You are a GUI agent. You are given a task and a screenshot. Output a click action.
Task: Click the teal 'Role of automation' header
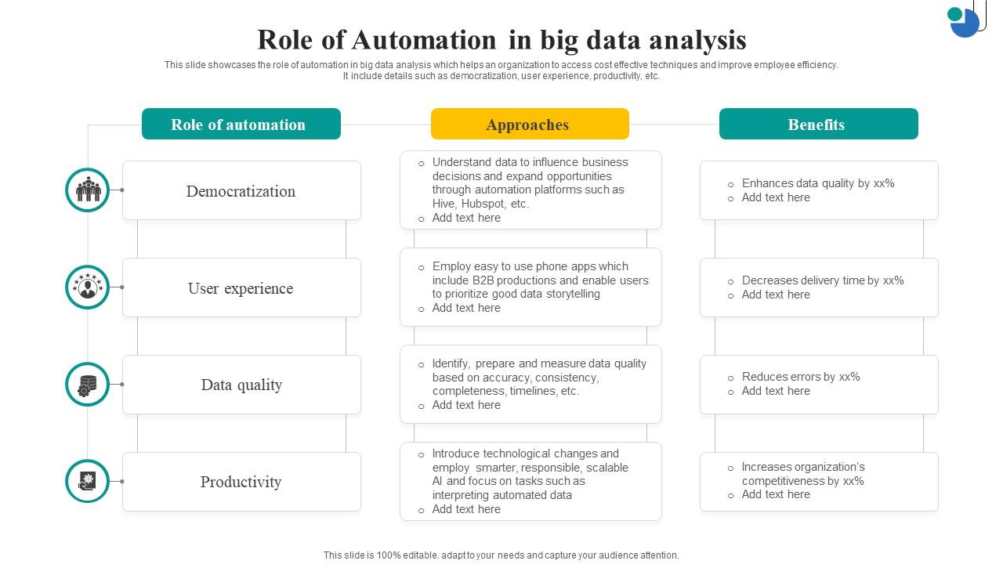click(241, 125)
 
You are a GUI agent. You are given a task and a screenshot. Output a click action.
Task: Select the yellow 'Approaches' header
click(530, 125)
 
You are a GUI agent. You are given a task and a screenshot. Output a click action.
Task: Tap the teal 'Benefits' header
click(818, 125)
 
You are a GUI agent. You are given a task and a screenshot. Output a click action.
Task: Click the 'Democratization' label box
click(241, 191)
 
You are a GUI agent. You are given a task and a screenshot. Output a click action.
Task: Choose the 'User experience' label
click(241, 288)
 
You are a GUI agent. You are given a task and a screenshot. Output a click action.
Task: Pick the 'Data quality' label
click(241, 385)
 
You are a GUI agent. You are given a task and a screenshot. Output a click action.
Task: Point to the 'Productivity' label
click(241, 482)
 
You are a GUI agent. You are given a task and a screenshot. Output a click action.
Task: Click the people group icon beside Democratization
click(88, 190)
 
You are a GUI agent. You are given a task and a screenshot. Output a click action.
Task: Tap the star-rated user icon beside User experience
click(88, 287)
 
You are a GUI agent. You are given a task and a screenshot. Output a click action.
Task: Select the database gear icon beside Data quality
click(88, 385)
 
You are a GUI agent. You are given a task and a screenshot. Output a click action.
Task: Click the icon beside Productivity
click(88, 481)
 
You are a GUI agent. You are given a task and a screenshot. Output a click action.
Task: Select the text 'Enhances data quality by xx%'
click(818, 183)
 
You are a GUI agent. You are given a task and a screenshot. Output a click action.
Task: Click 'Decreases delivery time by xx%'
click(823, 280)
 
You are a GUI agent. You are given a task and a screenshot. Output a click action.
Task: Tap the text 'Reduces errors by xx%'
click(801, 377)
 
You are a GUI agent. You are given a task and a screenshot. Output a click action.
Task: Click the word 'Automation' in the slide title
click(424, 40)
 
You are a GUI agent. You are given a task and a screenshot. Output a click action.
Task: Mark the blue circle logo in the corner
click(965, 22)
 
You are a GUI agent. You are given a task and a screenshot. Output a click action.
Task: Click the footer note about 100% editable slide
click(501, 555)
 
